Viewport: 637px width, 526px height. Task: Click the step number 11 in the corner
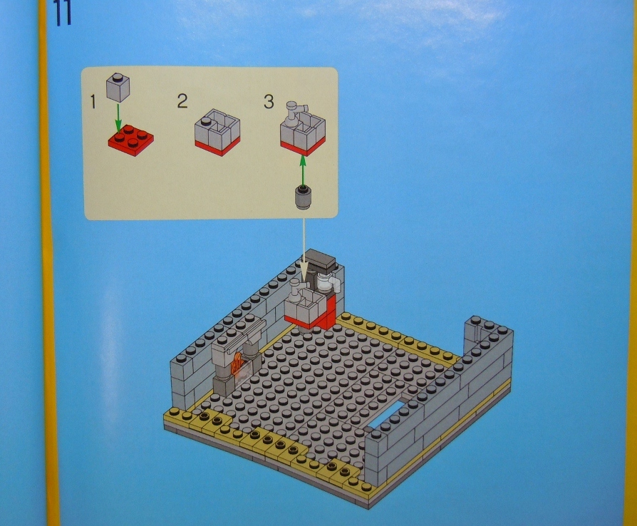click(63, 13)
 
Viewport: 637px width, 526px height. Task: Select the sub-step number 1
click(93, 102)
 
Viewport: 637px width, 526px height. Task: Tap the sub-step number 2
click(182, 101)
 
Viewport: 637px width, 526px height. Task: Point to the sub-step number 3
click(269, 102)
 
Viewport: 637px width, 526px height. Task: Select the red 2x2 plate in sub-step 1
click(130, 139)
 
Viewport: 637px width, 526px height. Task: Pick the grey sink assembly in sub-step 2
click(217, 132)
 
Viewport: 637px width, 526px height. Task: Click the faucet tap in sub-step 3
click(293, 110)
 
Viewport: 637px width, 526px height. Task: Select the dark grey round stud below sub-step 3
click(303, 196)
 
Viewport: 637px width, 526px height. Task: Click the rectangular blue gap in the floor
click(385, 417)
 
